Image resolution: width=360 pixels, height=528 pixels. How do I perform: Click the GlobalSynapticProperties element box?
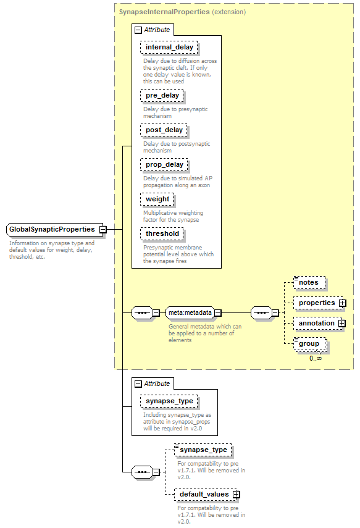click(x=54, y=229)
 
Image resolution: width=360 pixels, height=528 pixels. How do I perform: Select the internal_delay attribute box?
click(x=169, y=47)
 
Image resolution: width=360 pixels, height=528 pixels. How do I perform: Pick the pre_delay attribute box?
click(x=162, y=95)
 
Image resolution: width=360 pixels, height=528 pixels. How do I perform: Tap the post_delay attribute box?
click(x=164, y=130)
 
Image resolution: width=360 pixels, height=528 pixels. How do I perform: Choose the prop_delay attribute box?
click(x=164, y=165)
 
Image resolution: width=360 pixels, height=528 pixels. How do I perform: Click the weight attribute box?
click(x=157, y=199)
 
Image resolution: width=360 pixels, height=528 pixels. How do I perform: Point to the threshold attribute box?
click(x=162, y=233)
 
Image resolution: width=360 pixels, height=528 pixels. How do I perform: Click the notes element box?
click(x=309, y=282)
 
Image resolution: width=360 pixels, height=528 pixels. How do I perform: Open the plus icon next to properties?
click(x=343, y=303)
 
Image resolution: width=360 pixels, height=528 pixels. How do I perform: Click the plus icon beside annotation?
click(x=342, y=323)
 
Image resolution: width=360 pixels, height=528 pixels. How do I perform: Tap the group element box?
click(x=310, y=344)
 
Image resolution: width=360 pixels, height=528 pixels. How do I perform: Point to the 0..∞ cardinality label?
click(x=316, y=358)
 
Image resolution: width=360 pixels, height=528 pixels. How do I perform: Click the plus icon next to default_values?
click(x=237, y=494)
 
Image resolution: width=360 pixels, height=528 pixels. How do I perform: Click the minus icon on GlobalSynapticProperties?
click(x=103, y=230)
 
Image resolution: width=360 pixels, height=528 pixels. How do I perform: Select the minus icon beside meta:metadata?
click(x=218, y=313)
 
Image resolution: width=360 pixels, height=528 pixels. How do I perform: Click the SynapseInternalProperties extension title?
click(x=182, y=12)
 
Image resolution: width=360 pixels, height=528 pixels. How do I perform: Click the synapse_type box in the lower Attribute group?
click(x=169, y=401)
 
